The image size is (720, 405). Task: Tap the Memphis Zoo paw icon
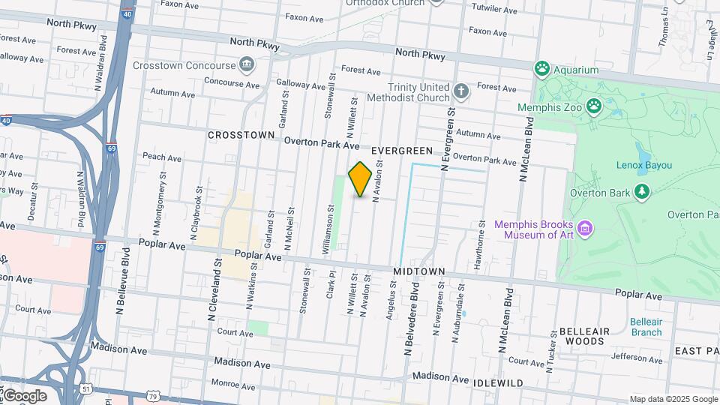coord(595,106)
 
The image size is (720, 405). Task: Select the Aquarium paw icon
coord(542,70)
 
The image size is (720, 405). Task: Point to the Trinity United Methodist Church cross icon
coord(461,91)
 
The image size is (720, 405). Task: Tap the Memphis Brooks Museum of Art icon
coord(586,227)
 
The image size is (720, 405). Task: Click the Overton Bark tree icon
coord(641,192)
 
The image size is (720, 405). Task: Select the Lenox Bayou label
coord(643,165)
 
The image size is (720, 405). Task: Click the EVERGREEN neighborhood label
coord(401,151)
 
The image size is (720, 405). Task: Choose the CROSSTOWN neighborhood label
coord(241,135)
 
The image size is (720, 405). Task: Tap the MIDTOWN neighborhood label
coord(419,270)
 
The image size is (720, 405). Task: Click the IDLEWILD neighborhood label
coord(498,382)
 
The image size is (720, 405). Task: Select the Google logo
coord(25,395)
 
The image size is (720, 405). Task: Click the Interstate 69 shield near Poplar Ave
coord(100,246)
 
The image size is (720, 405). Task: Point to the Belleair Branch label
coord(646,326)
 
